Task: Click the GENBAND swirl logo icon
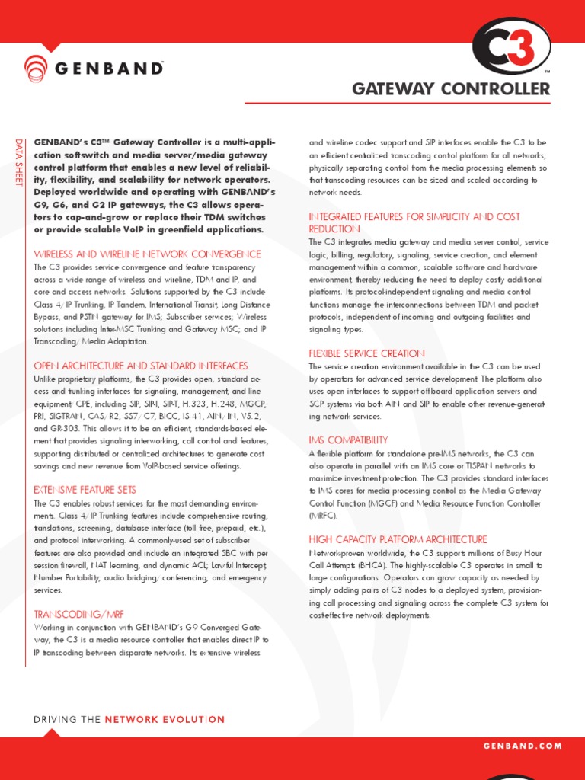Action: [35, 68]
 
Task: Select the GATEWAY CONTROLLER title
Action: [450, 89]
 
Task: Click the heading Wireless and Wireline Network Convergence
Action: [147, 254]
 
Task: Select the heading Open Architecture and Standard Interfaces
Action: [141, 366]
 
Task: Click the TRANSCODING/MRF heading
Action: [78, 613]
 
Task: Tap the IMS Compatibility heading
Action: [348, 440]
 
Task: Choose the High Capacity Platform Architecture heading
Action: [398, 539]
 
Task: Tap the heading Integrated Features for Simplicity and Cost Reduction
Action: [414, 222]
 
